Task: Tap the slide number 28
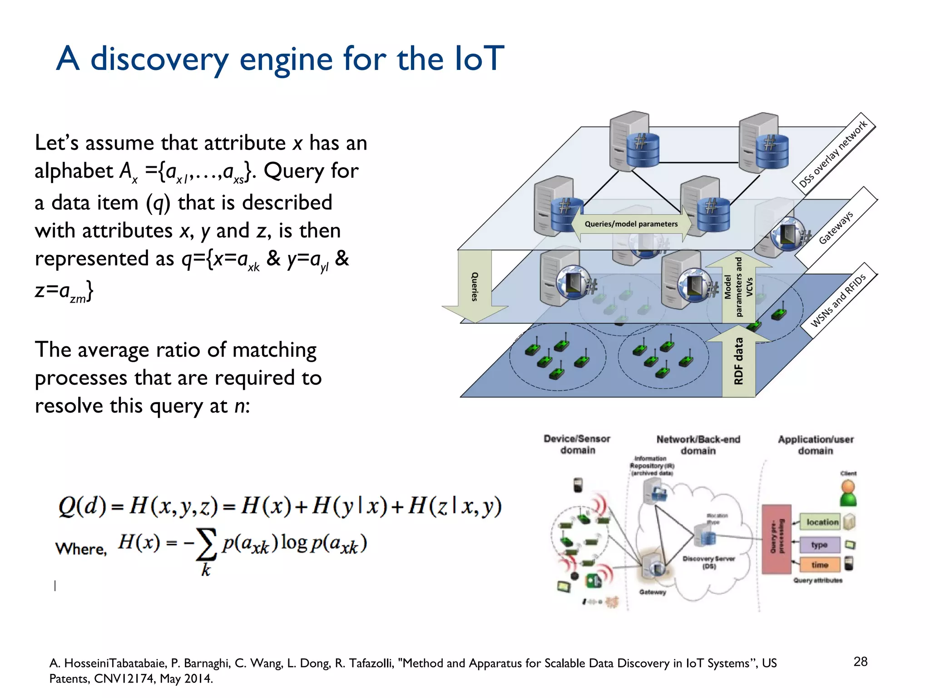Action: click(860, 661)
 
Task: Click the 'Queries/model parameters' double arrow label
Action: click(631, 224)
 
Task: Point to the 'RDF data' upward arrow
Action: click(738, 361)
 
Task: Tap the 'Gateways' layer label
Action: click(836, 227)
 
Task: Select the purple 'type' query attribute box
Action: click(819, 544)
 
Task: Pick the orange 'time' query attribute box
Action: click(820, 565)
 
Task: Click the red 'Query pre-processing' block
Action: click(777, 539)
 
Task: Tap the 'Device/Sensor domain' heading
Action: click(577, 444)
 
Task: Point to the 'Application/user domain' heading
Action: click(816, 445)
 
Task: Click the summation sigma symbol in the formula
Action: click(206, 544)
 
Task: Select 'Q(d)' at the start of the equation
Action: click(82, 507)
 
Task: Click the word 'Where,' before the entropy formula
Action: click(81, 549)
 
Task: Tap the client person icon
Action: click(848, 494)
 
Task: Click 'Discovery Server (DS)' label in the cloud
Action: click(708, 562)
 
